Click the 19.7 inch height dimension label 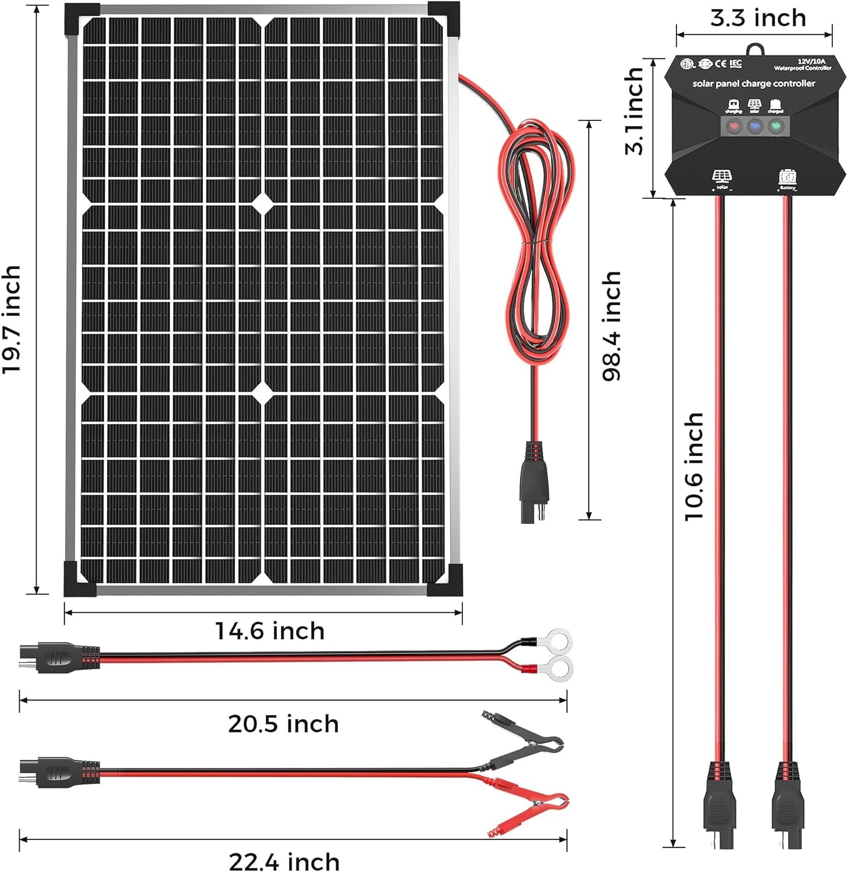(13, 320)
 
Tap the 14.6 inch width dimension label (270, 631)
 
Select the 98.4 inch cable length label (612, 326)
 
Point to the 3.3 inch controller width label (758, 19)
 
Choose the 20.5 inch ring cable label (283, 724)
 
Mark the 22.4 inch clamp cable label (284, 861)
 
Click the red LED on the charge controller (734, 126)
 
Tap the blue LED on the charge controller (754, 126)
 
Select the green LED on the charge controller (775, 126)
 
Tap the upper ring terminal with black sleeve (555, 641)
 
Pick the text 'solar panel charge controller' (754, 84)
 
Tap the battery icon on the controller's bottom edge (788, 178)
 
